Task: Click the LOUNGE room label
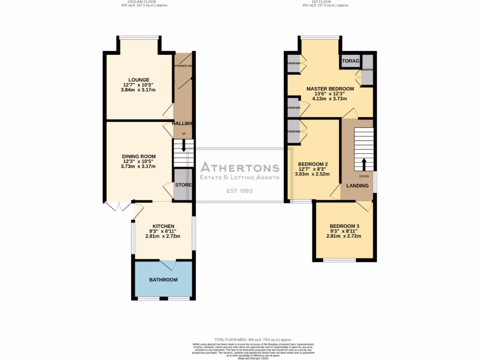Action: pyautogui.click(x=139, y=80)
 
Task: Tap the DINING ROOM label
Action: pyautogui.click(x=139, y=157)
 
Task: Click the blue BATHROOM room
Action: pyautogui.click(x=163, y=280)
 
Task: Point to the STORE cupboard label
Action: pyautogui.click(x=183, y=185)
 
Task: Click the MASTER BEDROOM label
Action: pyautogui.click(x=330, y=89)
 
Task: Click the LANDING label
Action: pyautogui.click(x=357, y=186)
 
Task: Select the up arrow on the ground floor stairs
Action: pyautogui.click(x=183, y=147)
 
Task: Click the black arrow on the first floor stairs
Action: pyautogui.click(x=364, y=164)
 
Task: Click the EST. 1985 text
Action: pyautogui.click(x=240, y=191)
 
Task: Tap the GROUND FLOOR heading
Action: pyautogui.click(x=144, y=2)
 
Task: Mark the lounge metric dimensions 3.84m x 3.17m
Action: pyautogui.click(x=139, y=90)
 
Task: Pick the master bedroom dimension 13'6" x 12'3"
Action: pyautogui.click(x=330, y=94)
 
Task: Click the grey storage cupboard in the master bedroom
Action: pyautogui.click(x=351, y=61)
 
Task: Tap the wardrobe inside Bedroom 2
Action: pyautogui.click(x=293, y=131)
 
